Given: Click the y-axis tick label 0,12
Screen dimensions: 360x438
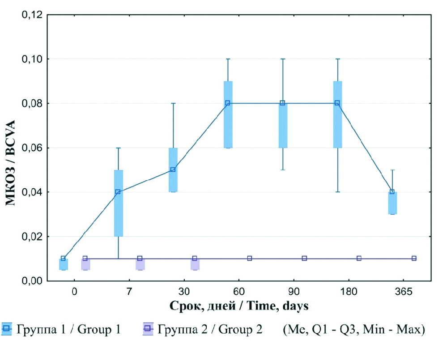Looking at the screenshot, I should point(32,15).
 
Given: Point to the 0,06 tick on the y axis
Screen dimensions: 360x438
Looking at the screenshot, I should point(32,148).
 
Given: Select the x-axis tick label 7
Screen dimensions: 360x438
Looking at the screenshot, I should point(129,292).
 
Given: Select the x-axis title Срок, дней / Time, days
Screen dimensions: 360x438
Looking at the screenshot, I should point(239,306).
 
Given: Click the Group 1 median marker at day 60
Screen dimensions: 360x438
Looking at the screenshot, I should point(228,103).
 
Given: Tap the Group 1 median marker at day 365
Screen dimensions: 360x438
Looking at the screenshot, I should point(392,192).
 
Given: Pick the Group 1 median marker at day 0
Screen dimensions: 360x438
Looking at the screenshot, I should point(63,258).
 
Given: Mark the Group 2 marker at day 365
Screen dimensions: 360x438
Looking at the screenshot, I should point(414,258).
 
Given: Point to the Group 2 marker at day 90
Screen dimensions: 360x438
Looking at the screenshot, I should point(304,258).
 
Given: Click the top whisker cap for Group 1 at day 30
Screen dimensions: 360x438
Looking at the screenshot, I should point(173,103).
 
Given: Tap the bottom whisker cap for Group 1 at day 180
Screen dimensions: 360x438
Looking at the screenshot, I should point(337,192).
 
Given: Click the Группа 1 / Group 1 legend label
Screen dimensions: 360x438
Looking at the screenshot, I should point(68,330).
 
